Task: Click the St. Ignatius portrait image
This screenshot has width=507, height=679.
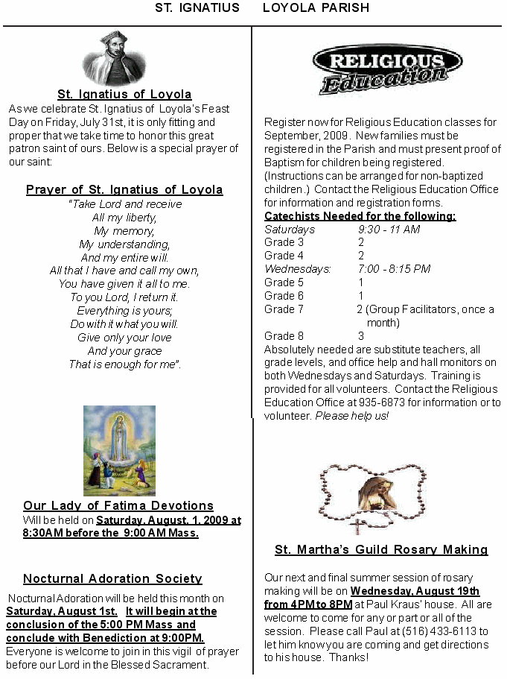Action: pyautogui.click(x=114, y=59)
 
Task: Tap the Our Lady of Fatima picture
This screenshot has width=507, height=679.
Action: pyautogui.click(x=119, y=450)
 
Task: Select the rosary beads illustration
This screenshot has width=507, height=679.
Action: pyautogui.click(x=372, y=497)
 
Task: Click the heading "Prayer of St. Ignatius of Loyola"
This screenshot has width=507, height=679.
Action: pyautogui.click(x=124, y=189)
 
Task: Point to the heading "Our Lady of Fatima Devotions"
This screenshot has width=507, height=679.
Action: pyautogui.click(x=118, y=505)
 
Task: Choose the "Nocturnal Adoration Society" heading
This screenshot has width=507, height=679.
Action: pyautogui.click(x=112, y=578)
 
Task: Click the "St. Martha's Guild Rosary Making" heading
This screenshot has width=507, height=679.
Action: pyautogui.click(x=381, y=550)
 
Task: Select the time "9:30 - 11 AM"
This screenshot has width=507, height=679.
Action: pyautogui.click(x=389, y=230)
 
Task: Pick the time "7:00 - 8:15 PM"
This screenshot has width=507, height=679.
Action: pyautogui.click(x=394, y=269)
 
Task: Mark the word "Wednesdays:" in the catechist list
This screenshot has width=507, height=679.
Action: pyautogui.click(x=297, y=269)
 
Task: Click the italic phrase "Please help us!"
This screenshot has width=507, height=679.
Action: pyautogui.click(x=352, y=416)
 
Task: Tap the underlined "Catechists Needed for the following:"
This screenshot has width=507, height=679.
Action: pyautogui.click(x=360, y=216)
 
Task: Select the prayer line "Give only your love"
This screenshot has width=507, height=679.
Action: pyautogui.click(x=124, y=338)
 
